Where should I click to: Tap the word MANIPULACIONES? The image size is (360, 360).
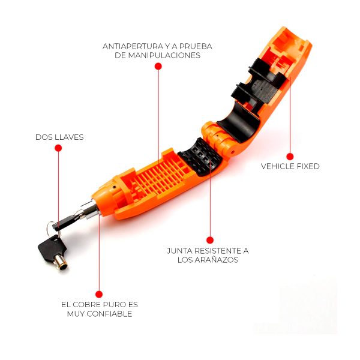(x=164, y=55)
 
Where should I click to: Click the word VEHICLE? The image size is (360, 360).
(x=280, y=166)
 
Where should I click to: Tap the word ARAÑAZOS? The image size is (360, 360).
(x=216, y=260)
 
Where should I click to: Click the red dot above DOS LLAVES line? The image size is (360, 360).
(x=58, y=148)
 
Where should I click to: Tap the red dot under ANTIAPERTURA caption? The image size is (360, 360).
(x=158, y=67)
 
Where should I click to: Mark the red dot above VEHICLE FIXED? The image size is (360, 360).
(x=290, y=157)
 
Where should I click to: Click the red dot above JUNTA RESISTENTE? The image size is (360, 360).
(x=210, y=240)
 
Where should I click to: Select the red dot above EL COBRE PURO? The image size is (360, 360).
(x=99, y=295)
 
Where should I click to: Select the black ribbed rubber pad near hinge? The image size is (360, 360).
(x=200, y=157)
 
